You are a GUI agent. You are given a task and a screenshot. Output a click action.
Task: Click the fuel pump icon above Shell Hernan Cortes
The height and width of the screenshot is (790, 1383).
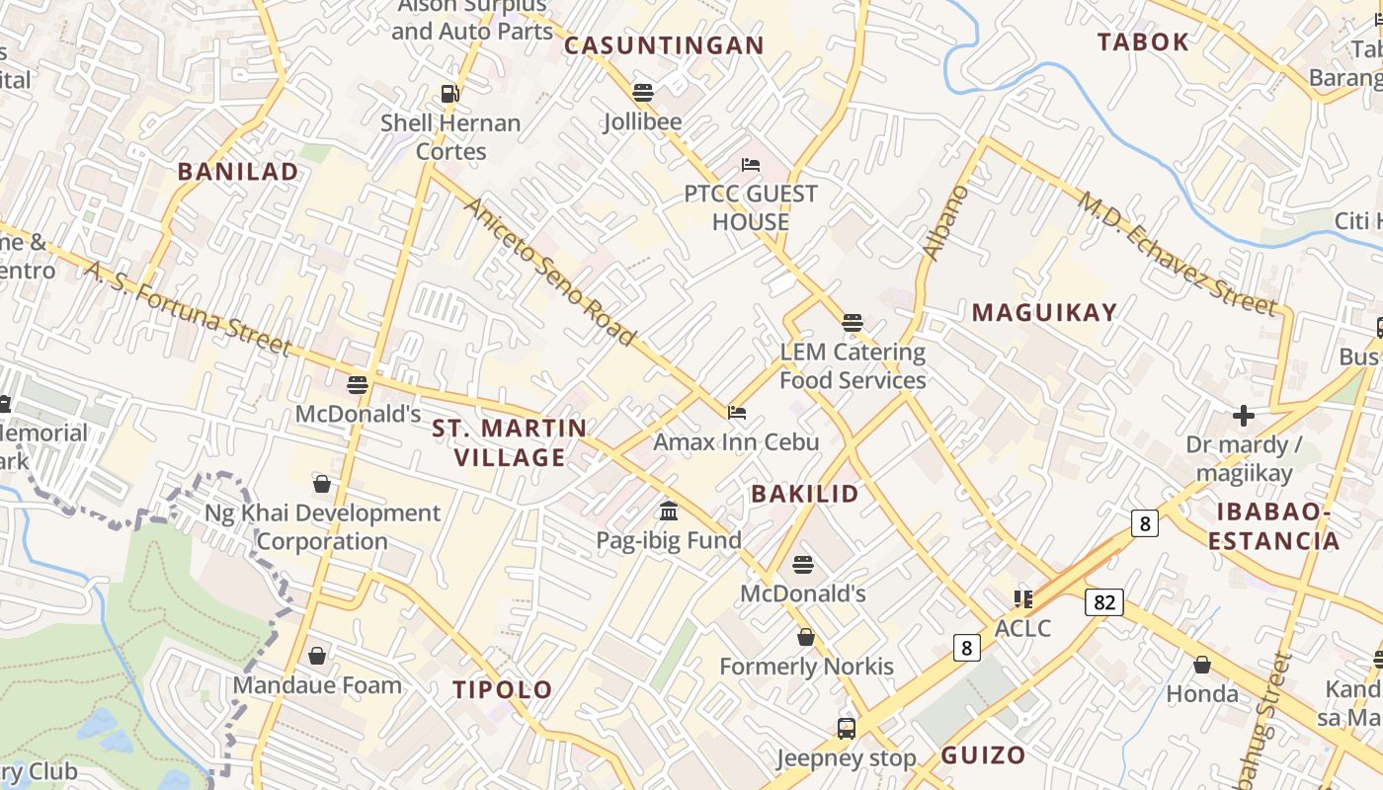click(x=450, y=94)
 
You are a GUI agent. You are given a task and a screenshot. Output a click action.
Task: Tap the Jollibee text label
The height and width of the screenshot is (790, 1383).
click(x=643, y=122)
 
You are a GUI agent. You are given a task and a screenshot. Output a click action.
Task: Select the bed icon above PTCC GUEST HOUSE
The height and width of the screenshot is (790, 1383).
click(x=751, y=165)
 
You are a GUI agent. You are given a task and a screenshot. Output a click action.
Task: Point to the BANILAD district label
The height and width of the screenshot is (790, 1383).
click(x=238, y=171)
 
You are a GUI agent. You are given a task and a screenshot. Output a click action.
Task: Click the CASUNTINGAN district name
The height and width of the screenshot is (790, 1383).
click(x=664, y=45)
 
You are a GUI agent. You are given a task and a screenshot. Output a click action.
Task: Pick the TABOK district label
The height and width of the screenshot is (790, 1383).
click(x=1143, y=41)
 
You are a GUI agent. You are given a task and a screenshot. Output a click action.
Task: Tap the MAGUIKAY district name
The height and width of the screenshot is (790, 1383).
click(x=1045, y=313)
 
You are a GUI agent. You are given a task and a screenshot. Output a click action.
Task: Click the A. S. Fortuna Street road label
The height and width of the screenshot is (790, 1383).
click(x=188, y=308)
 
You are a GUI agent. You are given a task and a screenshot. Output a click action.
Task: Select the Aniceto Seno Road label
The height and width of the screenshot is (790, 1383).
click(x=549, y=272)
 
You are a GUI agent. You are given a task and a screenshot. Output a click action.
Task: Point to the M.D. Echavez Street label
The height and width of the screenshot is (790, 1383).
click(x=1178, y=253)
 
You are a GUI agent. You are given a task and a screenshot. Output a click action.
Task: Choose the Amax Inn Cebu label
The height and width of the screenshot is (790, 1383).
click(x=736, y=441)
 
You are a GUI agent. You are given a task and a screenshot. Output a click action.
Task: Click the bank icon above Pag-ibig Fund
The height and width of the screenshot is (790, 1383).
click(x=669, y=512)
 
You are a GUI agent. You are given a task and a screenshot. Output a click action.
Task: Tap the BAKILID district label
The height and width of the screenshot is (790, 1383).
click(x=805, y=494)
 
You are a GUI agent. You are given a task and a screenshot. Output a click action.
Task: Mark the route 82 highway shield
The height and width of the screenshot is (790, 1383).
click(x=1104, y=601)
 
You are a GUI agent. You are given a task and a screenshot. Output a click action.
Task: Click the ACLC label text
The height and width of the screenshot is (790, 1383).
click(x=1022, y=628)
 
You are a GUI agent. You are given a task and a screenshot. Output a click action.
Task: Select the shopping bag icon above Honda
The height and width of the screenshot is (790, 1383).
click(x=1202, y=666)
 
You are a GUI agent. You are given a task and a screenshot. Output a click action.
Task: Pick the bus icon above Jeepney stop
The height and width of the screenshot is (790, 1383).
click(x=847, y=729)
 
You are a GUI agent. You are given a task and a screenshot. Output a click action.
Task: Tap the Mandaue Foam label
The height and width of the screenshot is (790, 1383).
click(x=317, y=685)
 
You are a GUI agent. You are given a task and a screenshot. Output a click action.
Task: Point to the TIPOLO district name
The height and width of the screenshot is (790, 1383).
click(x=503, y=689)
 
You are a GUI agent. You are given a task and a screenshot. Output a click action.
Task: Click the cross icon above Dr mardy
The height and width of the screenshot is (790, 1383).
click(x=1243, y=416)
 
